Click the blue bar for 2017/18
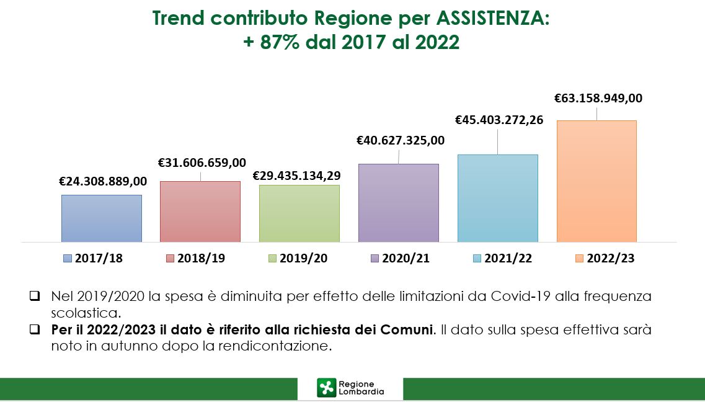point(102,218)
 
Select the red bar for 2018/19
point(200,211)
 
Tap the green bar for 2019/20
point(299,213)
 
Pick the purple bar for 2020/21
point(399,202)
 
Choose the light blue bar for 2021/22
point(497,198)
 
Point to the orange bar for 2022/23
point(596,181)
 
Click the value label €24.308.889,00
point(103,181)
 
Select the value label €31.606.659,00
point(202,163)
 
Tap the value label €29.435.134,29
point(296,176)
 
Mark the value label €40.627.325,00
point(401,140)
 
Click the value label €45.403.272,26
point(499,120)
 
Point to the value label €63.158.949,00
point(598,98)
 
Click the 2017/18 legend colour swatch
point(68,259)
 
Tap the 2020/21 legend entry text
point(406,259)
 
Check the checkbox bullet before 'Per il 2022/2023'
point(35,330)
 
